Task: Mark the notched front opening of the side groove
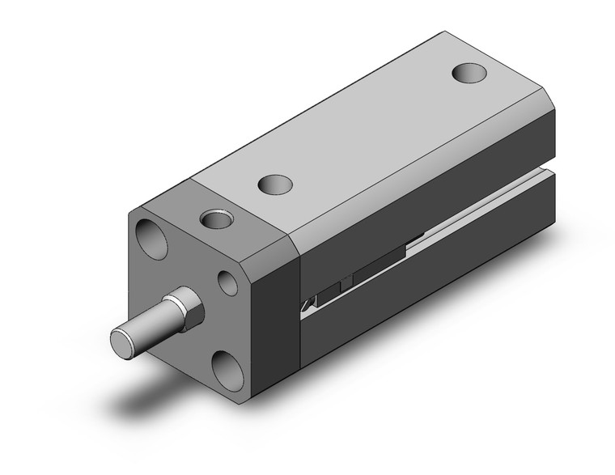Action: coord(308,305)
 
